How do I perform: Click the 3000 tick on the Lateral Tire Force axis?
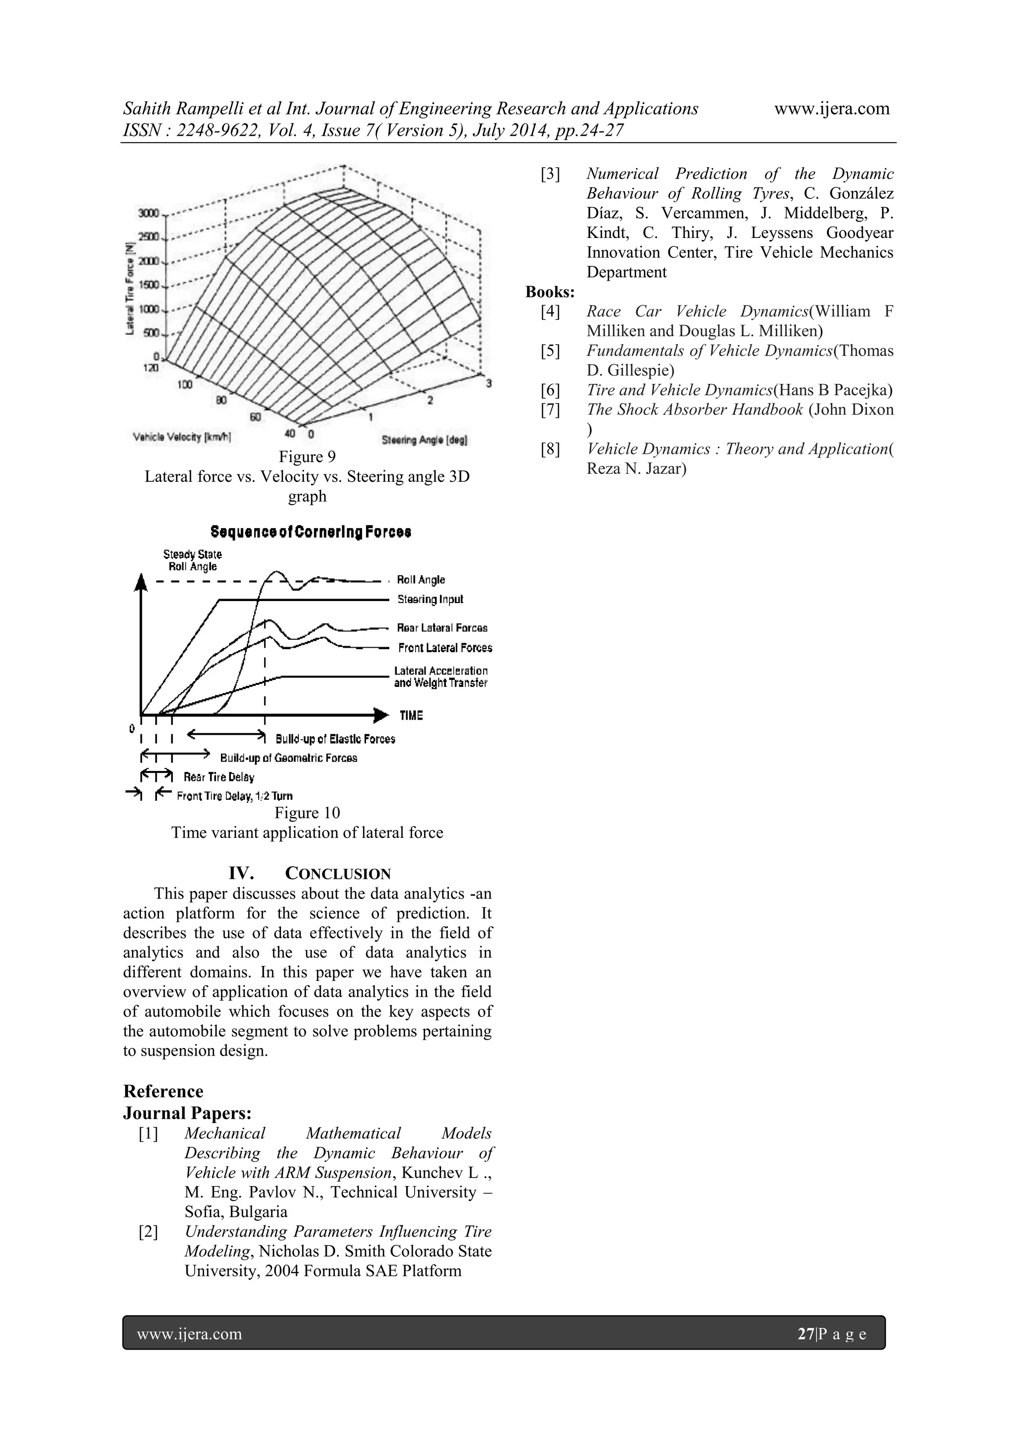[148, 213]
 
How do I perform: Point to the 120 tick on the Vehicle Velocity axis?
[151, 368]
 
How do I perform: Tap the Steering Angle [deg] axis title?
[424, 441]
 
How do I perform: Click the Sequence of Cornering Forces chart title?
[311, 532]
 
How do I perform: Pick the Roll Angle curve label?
[421, 580]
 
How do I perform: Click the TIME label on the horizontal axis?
[411, 715]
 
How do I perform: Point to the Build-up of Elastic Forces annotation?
[335, 739]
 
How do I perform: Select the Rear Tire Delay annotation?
[218, 777]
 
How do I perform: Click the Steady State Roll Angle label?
[192, 560]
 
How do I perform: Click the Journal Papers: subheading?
[187, 1113]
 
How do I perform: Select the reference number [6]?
[550, 390]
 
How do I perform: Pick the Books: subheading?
[550, 292]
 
